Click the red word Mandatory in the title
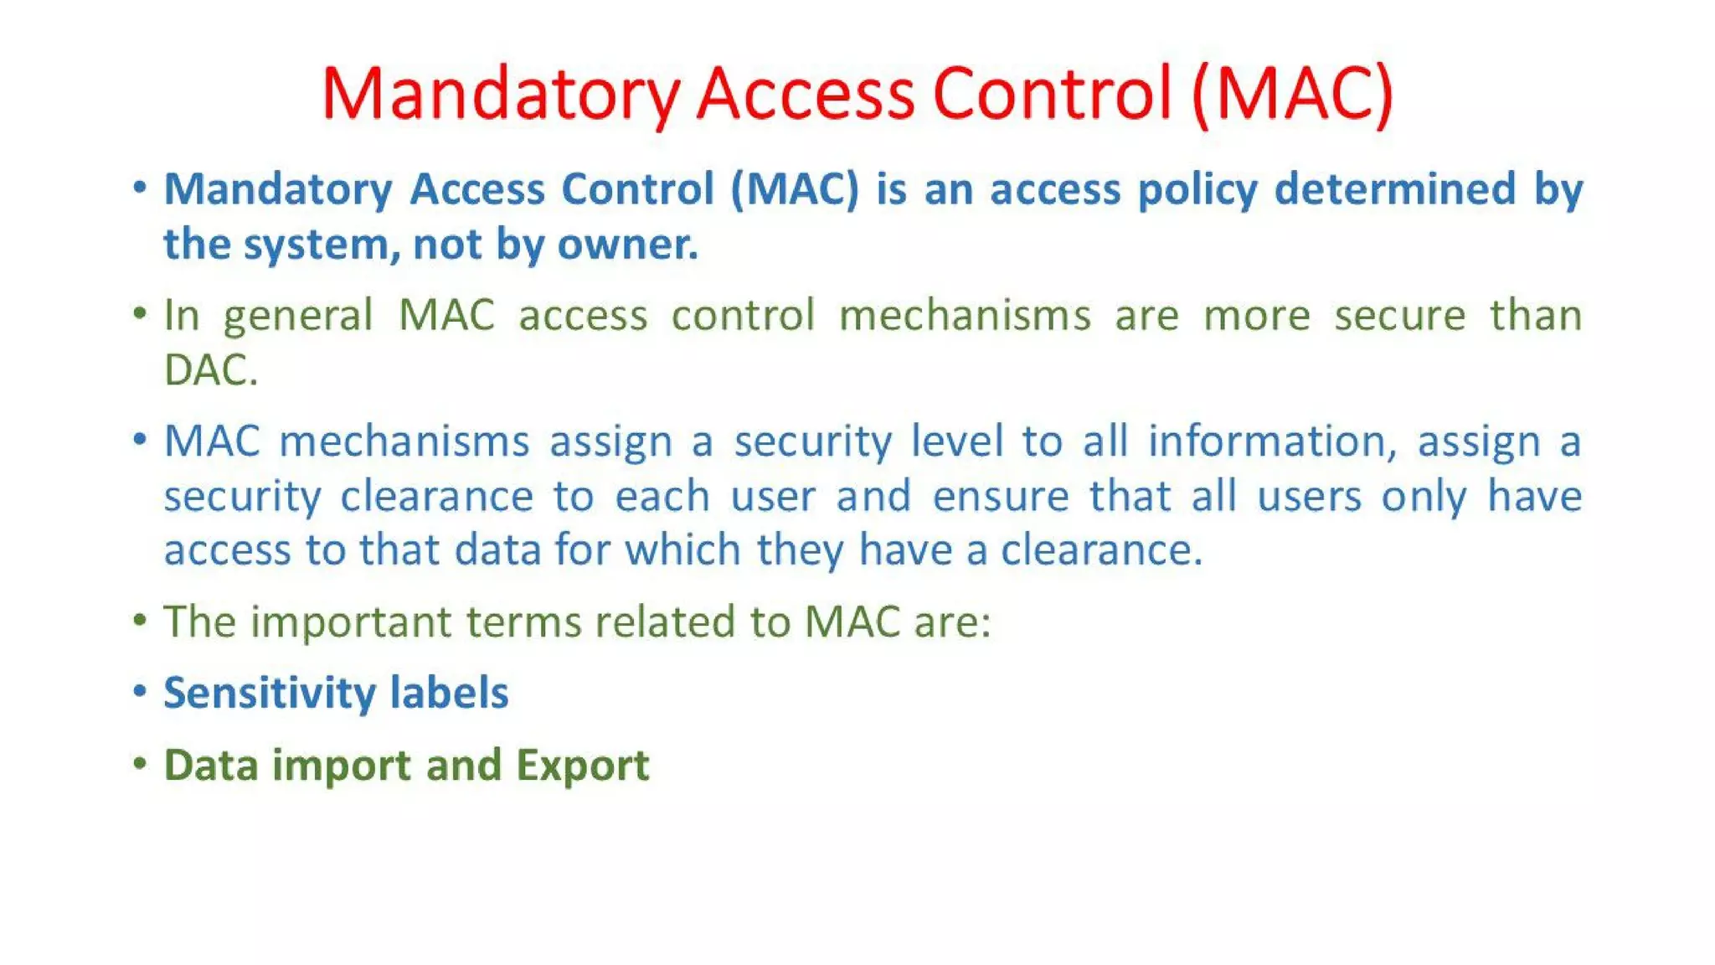click(500, 94)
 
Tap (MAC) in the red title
click(1293, 94)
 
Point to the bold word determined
click(1394, 188)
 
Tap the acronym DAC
click(209, 370)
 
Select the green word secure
click(1399, 316)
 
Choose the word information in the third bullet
click(1272, 441)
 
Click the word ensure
click(1001, 496)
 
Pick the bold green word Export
click(582, 765)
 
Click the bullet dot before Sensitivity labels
click(140, 691)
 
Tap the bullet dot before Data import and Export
click(140, 763)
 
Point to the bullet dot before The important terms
click(140, 620)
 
